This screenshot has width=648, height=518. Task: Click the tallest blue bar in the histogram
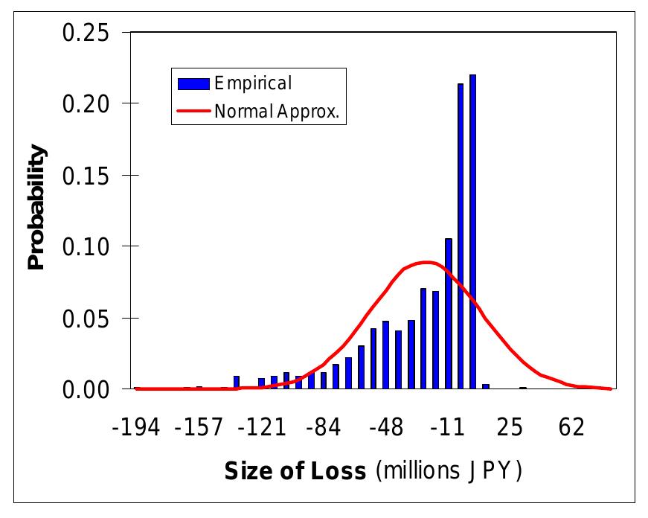pyautogui.click(x=472, y=231)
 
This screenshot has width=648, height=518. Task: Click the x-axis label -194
pyautogui.click(x=138, y=428)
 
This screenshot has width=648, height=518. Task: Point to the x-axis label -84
pyautogui.click(x=323, y=428)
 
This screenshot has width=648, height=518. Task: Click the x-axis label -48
pyautogui.click(x=385, y=428)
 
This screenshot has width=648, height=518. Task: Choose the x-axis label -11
pyautogui.click(x=448, y=428)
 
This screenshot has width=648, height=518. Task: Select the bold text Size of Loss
pyautogui.click(x=295, y=471)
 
